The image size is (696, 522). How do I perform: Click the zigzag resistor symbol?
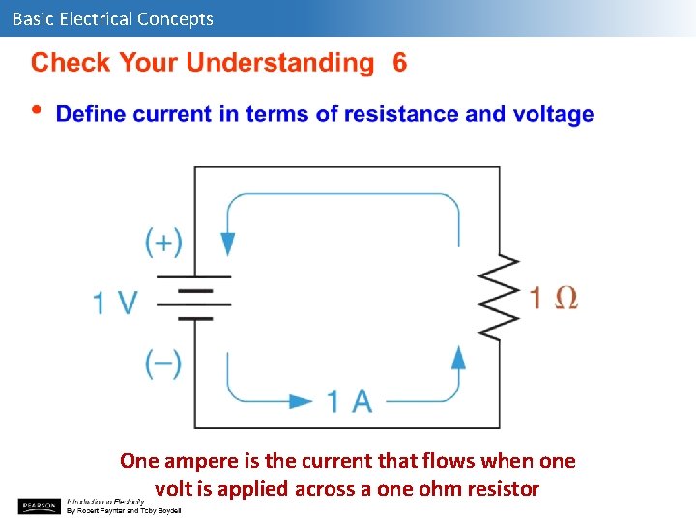tap(499, 298)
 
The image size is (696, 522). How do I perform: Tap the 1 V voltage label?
tap(115, 303)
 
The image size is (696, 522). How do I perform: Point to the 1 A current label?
tap(350, 400)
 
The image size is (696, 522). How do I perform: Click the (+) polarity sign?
tap(163, 241)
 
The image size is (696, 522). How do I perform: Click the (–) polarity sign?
tap(163, 363)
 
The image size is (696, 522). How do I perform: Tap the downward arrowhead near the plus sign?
tap(228, 242)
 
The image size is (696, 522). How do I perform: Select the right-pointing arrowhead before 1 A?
tap(302, 400)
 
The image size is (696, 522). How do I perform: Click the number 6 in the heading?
tap(400, 64)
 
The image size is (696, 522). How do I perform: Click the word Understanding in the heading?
tap(279, 65)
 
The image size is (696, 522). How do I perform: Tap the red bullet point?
tap(38, 110)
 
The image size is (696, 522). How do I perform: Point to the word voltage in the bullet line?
tap(553, 115)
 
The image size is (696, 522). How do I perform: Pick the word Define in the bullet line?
tap(91, 114)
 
